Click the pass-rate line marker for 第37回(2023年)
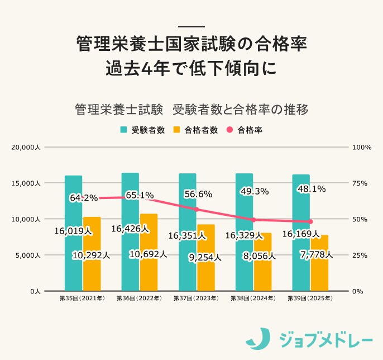[196, 210]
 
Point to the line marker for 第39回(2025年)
[310, 222]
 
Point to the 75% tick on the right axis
[358, 183]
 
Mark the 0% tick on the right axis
[357, 292]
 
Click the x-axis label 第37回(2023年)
[196, 299]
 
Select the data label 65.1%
[140, 195]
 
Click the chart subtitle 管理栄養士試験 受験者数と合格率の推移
[191, 108]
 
